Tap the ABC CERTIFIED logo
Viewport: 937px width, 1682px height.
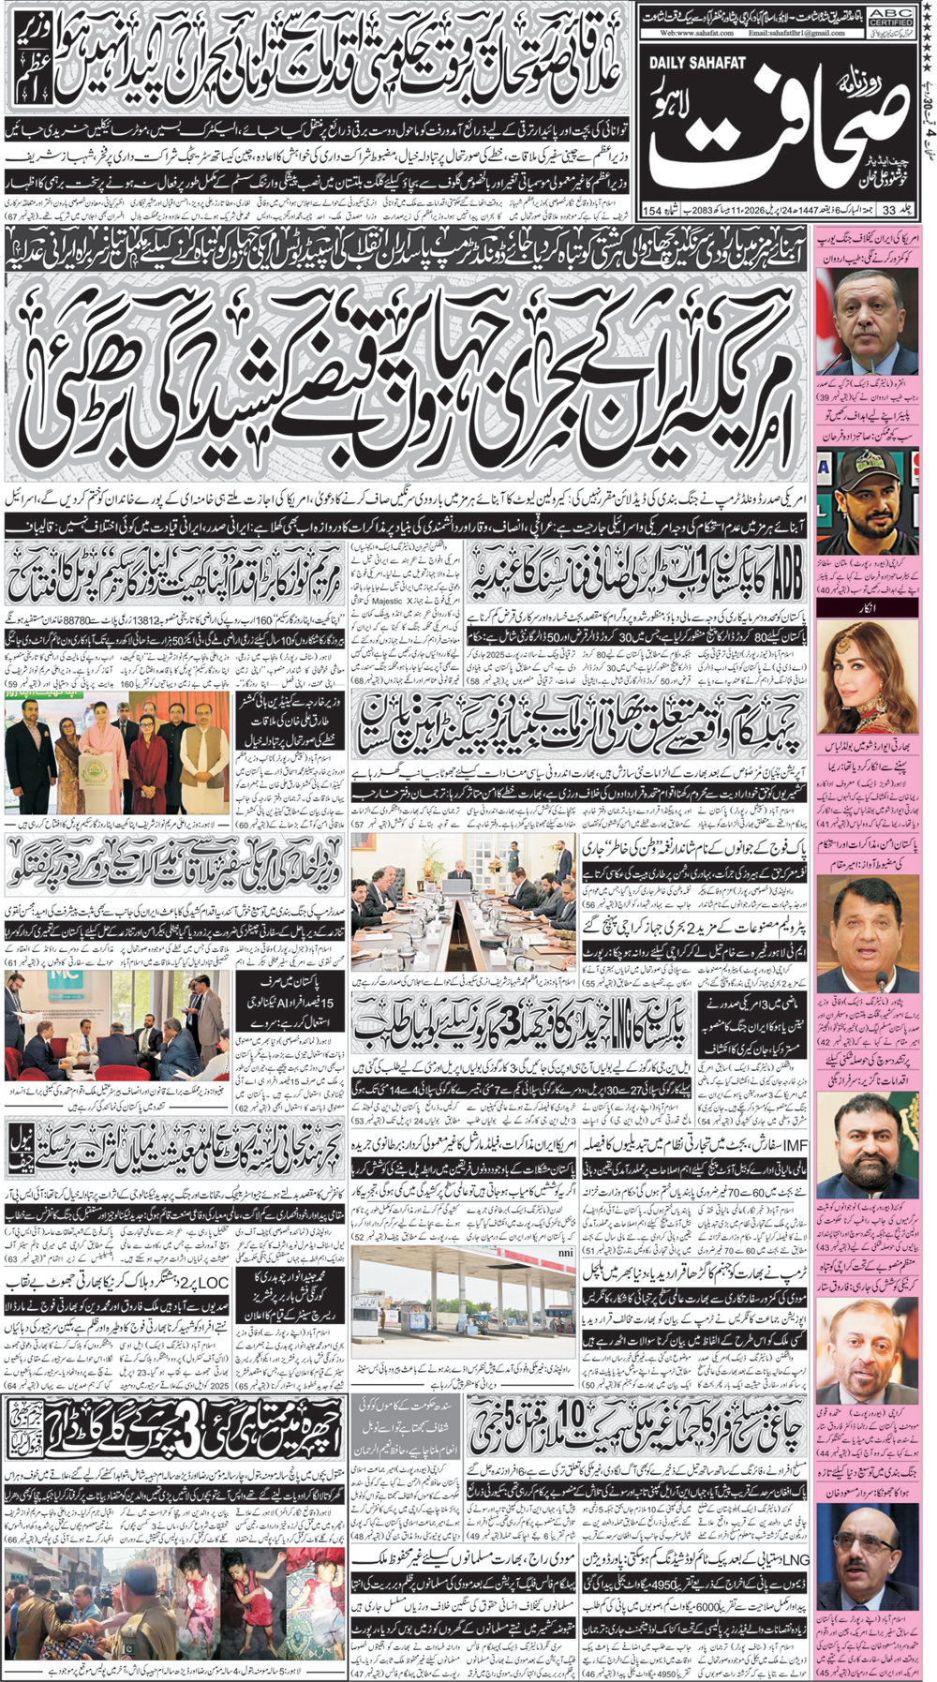(890, 14)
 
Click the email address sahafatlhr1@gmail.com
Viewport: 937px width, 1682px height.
(797, 33)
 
